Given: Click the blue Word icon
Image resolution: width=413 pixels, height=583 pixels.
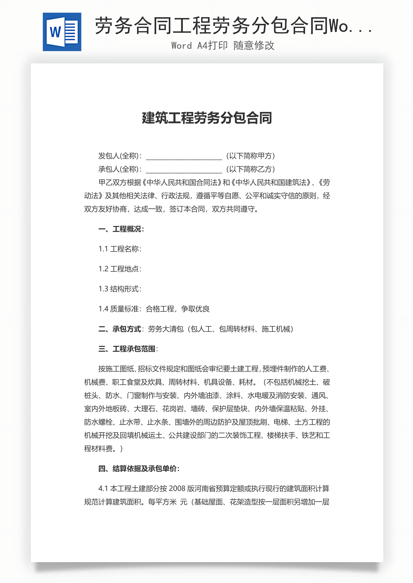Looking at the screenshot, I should (x=62, y=32).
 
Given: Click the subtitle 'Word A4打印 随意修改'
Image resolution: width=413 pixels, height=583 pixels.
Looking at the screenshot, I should (x=223, y=46).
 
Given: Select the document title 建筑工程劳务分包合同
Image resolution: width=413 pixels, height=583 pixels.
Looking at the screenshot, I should (x=207, y=118).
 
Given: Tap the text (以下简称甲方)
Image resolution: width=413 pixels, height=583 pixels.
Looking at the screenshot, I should (x=251, y=156).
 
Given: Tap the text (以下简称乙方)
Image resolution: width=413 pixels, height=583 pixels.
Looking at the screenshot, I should (x=251, y=169).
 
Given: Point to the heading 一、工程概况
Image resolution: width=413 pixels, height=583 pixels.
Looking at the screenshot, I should (x=121, y=229).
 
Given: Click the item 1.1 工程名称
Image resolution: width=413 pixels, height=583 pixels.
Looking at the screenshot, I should (x=120, y=249).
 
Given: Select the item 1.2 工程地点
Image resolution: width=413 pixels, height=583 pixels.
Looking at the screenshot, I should (x=120, y=269).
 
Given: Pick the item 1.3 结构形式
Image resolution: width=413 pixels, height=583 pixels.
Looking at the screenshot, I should (x=120, y=289).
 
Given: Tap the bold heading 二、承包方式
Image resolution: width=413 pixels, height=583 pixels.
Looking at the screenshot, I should (x=120, y=329).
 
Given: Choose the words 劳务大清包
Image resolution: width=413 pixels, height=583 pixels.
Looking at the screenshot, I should (x=166, y=329).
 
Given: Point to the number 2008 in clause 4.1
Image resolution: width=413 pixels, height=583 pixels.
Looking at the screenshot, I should (x=177, y=488).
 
